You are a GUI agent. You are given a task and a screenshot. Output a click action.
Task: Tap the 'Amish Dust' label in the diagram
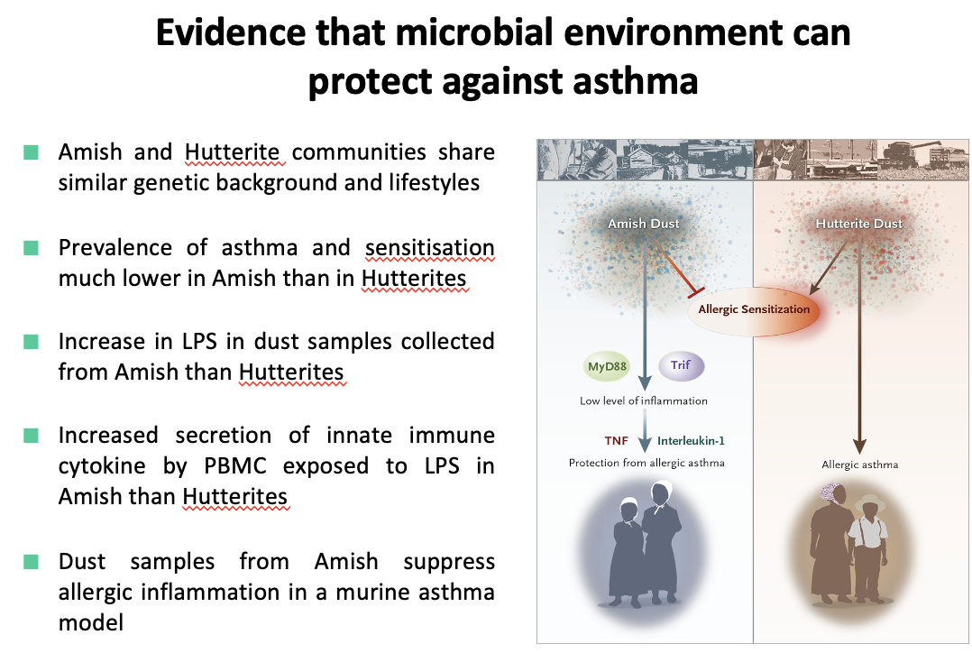[643, 223]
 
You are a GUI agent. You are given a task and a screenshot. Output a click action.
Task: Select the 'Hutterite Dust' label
[858, 223]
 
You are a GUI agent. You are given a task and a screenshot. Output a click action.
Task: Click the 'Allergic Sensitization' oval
[754, 309]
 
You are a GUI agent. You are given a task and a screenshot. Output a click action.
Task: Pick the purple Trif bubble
[681, 366]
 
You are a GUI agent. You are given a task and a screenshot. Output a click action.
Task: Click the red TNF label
[616, 440]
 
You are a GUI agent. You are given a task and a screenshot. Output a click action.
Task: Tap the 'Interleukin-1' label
[691, 440]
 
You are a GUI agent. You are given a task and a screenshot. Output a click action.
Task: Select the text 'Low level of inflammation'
[643, 400]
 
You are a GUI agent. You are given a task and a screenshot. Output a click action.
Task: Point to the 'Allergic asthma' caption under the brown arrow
[859, 465]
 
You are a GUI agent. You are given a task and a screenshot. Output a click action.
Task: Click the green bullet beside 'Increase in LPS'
[32, 342]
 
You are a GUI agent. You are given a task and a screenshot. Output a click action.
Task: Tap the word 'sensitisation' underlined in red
[429, 247]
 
